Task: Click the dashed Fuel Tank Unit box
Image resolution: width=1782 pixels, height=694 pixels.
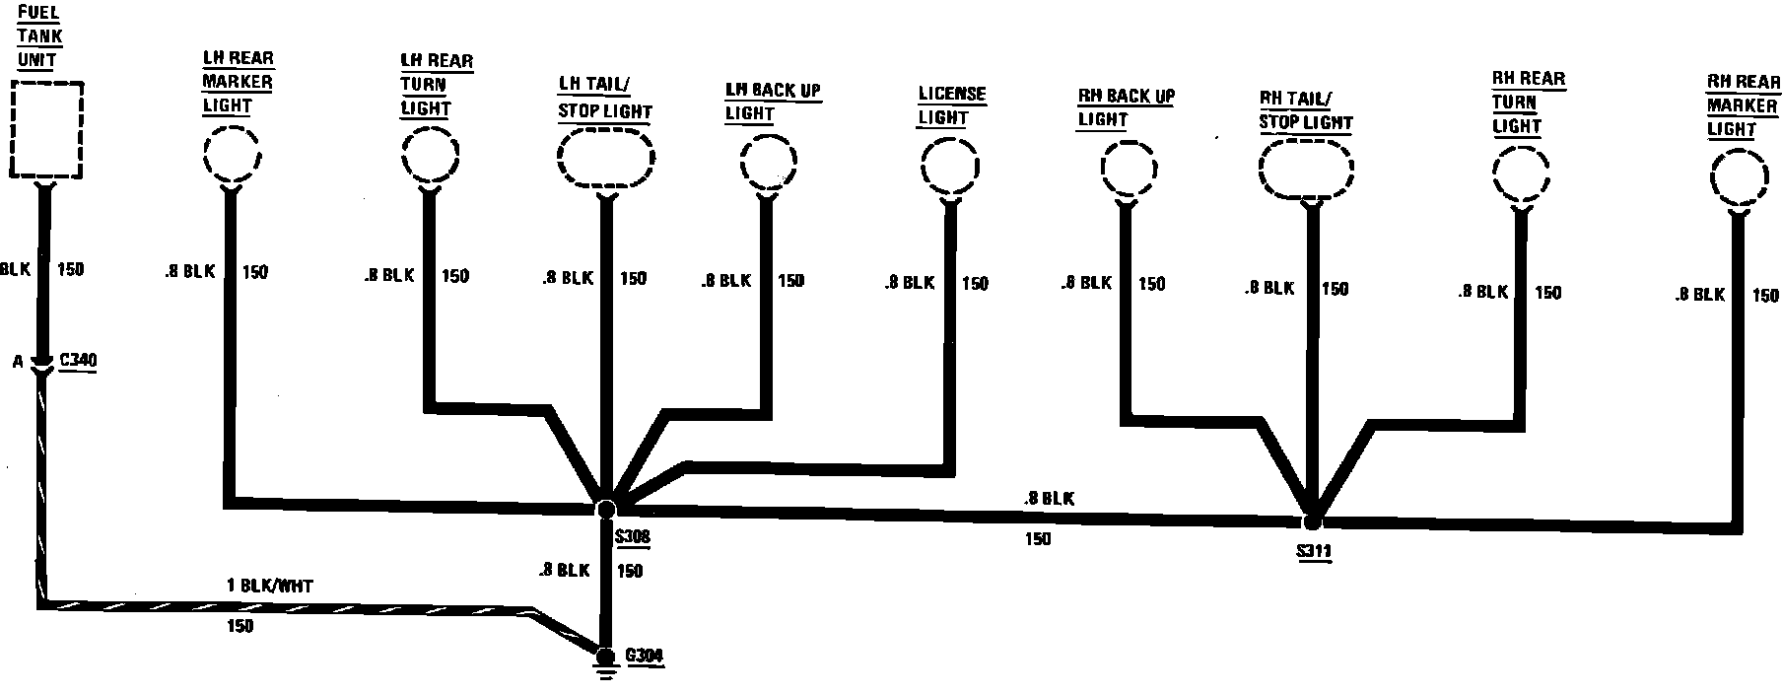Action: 45,129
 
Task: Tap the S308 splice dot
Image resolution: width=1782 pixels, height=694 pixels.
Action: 606,509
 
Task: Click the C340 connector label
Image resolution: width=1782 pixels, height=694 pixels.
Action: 78,361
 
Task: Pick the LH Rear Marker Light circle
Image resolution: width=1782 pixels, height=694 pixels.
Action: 232,156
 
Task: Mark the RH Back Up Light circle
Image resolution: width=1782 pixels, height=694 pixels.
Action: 1128,171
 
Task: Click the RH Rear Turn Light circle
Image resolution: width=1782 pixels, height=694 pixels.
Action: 1522,175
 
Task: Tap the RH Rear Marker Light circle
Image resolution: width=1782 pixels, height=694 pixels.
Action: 1740,179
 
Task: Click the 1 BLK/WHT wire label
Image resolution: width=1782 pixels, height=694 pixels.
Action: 269,586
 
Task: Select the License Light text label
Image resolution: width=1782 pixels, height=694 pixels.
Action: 951,105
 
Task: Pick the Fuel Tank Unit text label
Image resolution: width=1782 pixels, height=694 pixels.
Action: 40,37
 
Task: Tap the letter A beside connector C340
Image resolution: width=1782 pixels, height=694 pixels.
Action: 18,362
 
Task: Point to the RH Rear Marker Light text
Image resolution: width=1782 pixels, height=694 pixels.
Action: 1741,105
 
